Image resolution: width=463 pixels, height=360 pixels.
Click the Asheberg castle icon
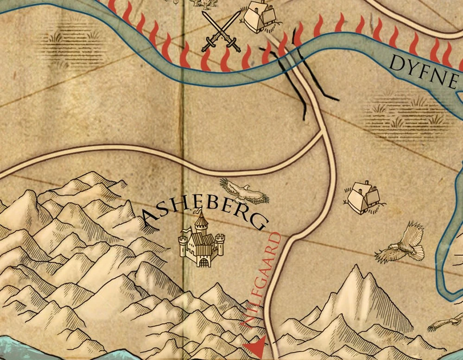point(202,241)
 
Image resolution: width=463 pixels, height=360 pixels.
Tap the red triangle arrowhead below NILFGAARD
point(256,346)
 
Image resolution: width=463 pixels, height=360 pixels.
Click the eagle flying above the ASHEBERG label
point(244,191)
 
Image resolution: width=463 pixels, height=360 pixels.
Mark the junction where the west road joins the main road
point(323,133)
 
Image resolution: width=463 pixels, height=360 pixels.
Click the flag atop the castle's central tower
point(200,212)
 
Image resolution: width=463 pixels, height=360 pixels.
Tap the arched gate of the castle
point(203,262)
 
